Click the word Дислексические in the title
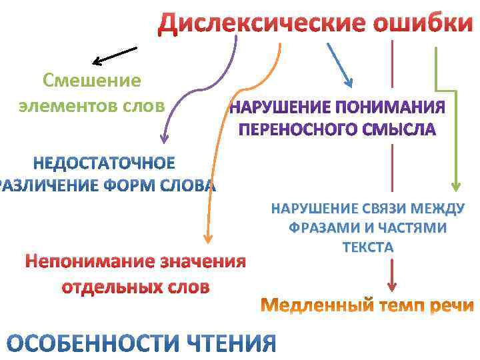pyautogui.click(x=260, y=24)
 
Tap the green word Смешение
pyautogui.click(x=92, y=81)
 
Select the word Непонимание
pyautogui.click(x=88, y=261)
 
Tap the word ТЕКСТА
pyautogui.click(x=368, y=247)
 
